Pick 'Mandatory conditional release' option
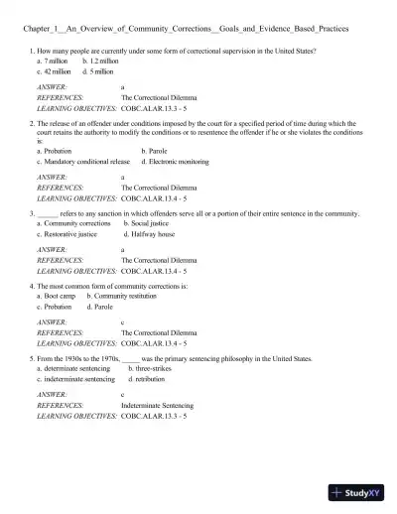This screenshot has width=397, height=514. tap(83, 161)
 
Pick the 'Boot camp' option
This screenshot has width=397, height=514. tap(58, 296)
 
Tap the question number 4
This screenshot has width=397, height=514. tap(33, 286)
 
